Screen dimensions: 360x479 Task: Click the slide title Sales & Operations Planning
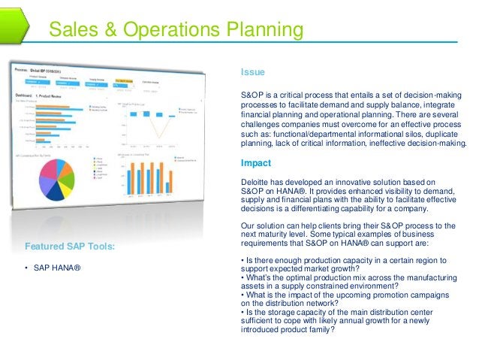point(176,30)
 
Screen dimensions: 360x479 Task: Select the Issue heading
point(252,72)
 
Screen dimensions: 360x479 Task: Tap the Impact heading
point(255,163)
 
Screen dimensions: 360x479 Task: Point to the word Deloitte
point(257,181)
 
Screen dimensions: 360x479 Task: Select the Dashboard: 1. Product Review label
point(45,95)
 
